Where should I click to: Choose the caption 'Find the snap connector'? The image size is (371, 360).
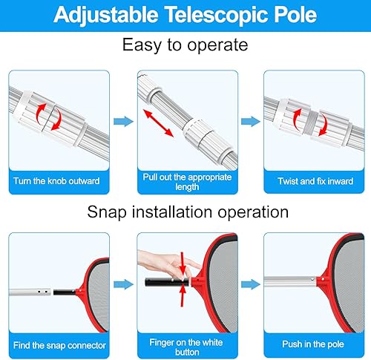point(56,345)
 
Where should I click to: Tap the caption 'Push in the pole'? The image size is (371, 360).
point(314,345)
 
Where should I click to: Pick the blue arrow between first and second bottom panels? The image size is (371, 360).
point(121,283)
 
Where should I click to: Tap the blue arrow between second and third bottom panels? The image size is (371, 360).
point(249,283)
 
